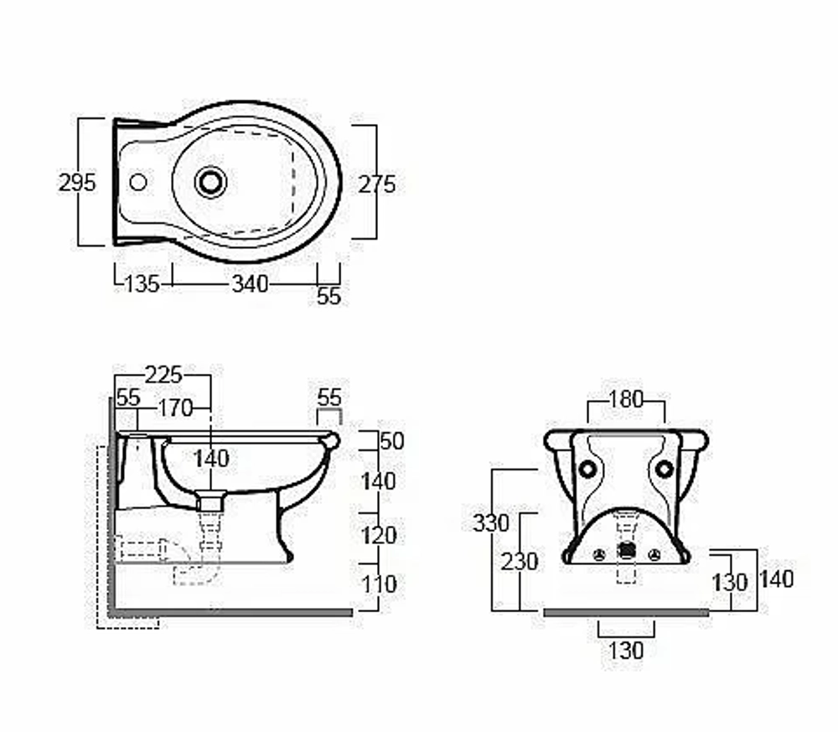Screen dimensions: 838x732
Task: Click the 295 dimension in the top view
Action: (77, 183)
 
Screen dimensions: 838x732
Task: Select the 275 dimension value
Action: (377, 184)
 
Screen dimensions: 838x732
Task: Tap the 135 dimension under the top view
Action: (142, 283)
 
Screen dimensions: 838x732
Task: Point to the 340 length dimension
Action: (250, 283)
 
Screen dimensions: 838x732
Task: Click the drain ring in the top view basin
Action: (210, 182)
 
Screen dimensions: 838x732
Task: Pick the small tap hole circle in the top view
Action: (138, 182)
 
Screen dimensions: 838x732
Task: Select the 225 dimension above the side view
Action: (163, 375)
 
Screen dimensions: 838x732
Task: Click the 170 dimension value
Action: (176, 408)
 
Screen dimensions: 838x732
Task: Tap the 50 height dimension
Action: (391, 441)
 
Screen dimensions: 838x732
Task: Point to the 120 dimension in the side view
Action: (379, 536)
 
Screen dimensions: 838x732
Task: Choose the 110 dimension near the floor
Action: (379, 584)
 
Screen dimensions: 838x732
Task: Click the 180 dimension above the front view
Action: (626, 399)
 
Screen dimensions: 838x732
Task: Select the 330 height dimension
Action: (491, 523)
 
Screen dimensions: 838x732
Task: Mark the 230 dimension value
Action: (519, 562)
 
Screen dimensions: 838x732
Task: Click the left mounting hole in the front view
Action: (587, 470)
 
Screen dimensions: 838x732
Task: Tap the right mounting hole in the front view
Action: (665, 470)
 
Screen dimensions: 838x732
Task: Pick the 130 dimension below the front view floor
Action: (626, 651)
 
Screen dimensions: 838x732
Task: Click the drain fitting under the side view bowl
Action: (209, 502)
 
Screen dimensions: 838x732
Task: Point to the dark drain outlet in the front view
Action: (626, 551)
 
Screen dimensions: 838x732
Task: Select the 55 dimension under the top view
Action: (328, 296)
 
